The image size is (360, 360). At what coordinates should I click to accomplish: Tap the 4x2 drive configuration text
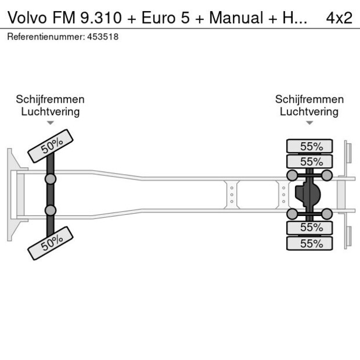click(339, 17)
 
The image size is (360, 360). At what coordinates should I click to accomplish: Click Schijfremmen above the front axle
click(51, 99)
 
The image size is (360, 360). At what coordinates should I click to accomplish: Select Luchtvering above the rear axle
click(309, 111)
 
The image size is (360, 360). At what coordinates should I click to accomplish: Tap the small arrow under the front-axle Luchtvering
click(51, 123)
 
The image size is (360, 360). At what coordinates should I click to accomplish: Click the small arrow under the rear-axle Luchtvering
click(309, 123)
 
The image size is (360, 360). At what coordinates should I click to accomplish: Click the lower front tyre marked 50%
click(51, 243)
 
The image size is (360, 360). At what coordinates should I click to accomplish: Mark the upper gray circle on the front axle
click(51, 179)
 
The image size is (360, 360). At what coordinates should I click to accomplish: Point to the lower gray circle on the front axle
click(51, 210)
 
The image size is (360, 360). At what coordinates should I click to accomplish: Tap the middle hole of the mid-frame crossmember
click(232, 195)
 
